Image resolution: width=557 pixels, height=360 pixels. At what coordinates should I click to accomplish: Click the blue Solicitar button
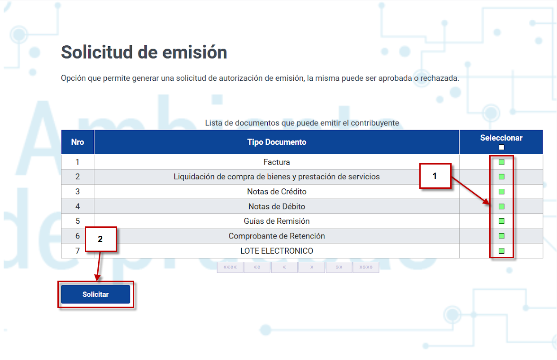(96, 294)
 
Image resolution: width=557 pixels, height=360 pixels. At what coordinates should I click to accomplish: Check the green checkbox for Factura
(501, 162)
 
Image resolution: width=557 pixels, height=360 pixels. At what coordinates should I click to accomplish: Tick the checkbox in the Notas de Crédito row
(501, 191)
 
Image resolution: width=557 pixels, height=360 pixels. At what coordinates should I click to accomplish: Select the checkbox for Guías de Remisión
(501, 221)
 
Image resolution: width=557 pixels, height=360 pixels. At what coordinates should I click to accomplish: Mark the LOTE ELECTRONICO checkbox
(501, 251)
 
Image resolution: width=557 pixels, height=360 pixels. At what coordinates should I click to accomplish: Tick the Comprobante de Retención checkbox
(501, 236)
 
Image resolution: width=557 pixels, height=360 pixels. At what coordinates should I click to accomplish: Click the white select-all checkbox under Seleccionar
(501, 147)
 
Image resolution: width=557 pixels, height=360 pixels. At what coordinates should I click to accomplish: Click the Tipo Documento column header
(277, 142)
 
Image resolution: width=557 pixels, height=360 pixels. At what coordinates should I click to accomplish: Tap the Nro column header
(78, 142)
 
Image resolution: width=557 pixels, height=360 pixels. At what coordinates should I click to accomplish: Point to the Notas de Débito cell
(277, 206)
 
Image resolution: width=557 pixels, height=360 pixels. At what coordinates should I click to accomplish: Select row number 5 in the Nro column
(78, 221)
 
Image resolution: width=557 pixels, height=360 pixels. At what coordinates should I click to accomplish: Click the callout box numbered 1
(435, 176)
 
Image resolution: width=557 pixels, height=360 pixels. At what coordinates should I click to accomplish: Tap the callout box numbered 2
(101, 239)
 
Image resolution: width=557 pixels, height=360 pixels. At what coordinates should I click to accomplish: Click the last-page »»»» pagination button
(366, 267)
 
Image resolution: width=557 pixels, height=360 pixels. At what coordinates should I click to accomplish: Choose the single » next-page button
(312, 267)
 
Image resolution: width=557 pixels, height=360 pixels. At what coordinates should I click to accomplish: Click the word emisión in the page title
(195, 52)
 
